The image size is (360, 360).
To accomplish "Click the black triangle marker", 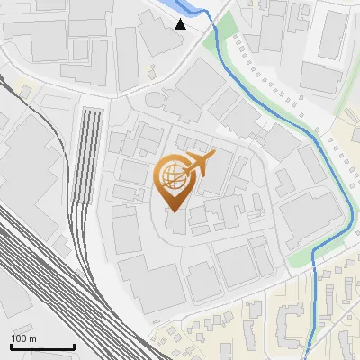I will coord(181,23).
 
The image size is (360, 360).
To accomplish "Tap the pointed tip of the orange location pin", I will coord(174,211).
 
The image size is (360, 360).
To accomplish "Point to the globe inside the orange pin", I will coord(172,174).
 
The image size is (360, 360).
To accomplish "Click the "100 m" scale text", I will coord(23,338).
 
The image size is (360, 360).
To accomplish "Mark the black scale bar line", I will coord(42,346).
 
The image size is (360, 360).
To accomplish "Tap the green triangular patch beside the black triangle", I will coord(211,40).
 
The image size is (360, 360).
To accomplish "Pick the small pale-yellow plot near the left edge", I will coord(24,89).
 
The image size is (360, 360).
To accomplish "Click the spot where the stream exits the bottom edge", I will coord(307,355).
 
